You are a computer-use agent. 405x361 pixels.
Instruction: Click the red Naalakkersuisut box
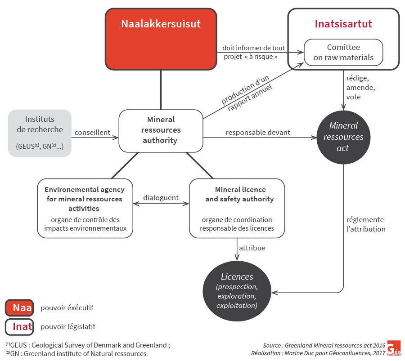point(161,39)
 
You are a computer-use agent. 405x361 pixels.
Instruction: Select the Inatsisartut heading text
point(343,24)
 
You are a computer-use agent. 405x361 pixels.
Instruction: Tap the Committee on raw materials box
point(343,52)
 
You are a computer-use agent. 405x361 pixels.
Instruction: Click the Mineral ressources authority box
point(161,130)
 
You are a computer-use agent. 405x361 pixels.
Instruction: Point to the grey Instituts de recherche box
point(40,133)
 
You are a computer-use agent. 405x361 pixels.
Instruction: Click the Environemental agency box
point(85,208)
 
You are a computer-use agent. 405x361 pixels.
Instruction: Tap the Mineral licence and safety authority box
point(237,208)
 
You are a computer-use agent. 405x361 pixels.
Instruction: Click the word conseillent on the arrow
point(93,133)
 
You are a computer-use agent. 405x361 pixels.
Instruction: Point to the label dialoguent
point(161,198)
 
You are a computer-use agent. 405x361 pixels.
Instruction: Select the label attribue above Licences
point(252,248)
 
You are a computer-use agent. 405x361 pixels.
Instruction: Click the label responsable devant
point(258,133)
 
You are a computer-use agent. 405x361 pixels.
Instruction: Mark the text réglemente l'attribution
point(366,224)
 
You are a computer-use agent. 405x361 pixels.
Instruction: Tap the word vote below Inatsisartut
point(353,97)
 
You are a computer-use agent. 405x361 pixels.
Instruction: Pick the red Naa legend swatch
point(19,308)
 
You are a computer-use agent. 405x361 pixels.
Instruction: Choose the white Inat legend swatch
point(19,327)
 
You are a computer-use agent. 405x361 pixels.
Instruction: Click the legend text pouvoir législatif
point(68,327)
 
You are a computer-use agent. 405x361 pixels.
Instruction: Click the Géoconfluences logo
point(394,348)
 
